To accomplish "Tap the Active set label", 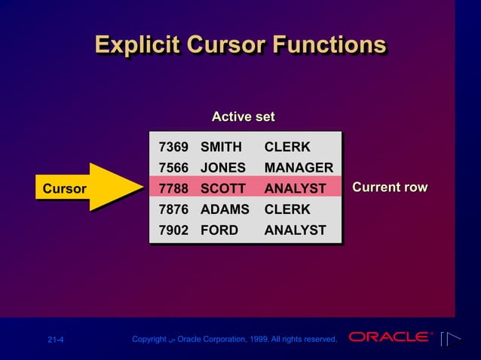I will (x=243, y=117).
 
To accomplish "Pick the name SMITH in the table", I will (x=221, y=146).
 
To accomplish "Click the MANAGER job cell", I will (x=299, y=167).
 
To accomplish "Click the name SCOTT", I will (x=222, y=188).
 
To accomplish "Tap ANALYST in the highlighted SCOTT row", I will (x=295, y=188).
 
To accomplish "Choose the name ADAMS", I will (x=224, y=209).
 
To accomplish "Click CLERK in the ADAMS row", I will (x=287, y=209).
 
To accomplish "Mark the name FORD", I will (x=219, y=230).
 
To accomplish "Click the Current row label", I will (x=390, y=187).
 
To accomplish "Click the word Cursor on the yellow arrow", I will (x=64, y=189).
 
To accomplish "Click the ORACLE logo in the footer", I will (x=389, y=337).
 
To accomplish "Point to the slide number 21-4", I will (x=56, y=340).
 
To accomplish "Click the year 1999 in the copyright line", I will (x=271, y=340).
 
